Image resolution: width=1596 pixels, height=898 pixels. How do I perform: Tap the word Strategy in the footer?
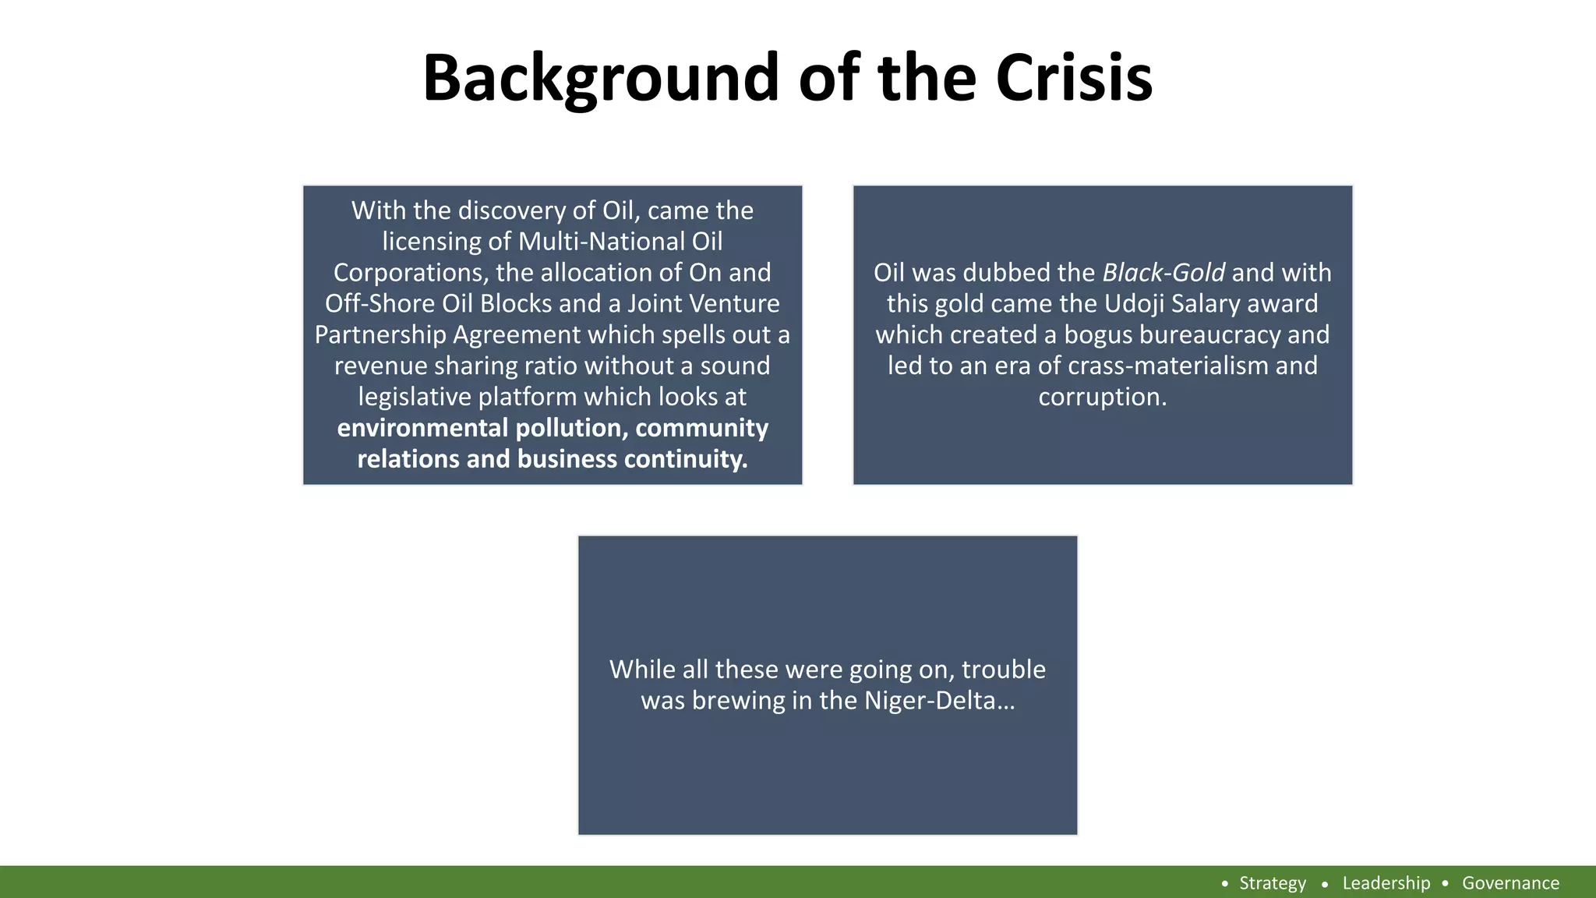(1272, 883)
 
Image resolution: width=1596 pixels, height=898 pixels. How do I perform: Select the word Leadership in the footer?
(1386, 883)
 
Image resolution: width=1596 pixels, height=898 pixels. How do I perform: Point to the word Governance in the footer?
(1510, 883)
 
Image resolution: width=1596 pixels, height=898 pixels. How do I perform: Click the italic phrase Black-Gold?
(1163, 273)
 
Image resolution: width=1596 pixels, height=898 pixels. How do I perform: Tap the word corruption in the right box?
(1102, 397)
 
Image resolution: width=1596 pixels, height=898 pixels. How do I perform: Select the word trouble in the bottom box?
(1004, 670)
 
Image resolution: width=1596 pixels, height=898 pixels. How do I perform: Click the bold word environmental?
(422, 428)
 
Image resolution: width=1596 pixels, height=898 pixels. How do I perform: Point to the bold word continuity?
(685, 459)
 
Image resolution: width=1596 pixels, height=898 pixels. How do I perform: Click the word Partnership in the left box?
(380, 335)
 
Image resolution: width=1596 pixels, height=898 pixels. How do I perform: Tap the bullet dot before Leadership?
(1325, 884)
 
